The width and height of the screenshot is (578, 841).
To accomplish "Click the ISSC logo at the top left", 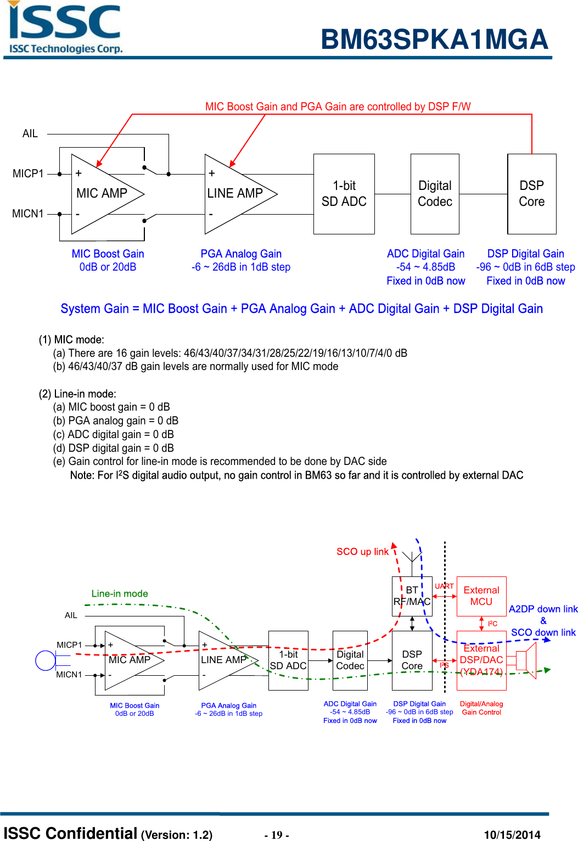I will click(65, 27).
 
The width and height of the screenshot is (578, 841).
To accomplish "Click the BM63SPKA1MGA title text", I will click(434, 40).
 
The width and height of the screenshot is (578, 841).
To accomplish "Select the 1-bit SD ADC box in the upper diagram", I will click(344, 194).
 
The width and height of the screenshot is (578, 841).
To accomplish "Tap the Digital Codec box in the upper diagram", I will click(435, 194).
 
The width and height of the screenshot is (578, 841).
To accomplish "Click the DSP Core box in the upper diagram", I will click(531, 194).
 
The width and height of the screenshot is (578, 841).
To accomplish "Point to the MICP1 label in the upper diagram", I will click(28, 173).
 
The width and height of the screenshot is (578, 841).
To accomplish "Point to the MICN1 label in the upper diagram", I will click(28, 214).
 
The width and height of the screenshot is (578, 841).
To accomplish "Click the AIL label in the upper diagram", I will click(30, 133).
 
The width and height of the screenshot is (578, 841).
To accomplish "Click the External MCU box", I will click(481, 596).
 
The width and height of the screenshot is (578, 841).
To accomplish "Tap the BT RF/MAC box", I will click(412, 596).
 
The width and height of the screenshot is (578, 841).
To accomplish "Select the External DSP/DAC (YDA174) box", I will click(481, 660).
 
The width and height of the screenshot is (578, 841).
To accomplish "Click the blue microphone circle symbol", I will click(46, 660).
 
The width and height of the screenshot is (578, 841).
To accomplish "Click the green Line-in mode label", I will click(120, 593).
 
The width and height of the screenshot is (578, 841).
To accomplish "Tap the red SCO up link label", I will click(362, 552).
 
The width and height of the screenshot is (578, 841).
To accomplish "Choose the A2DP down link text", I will click(543, 609).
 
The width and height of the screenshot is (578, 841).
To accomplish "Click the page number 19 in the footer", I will click(277, 835).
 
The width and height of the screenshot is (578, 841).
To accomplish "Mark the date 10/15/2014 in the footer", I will click(512, 835).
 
